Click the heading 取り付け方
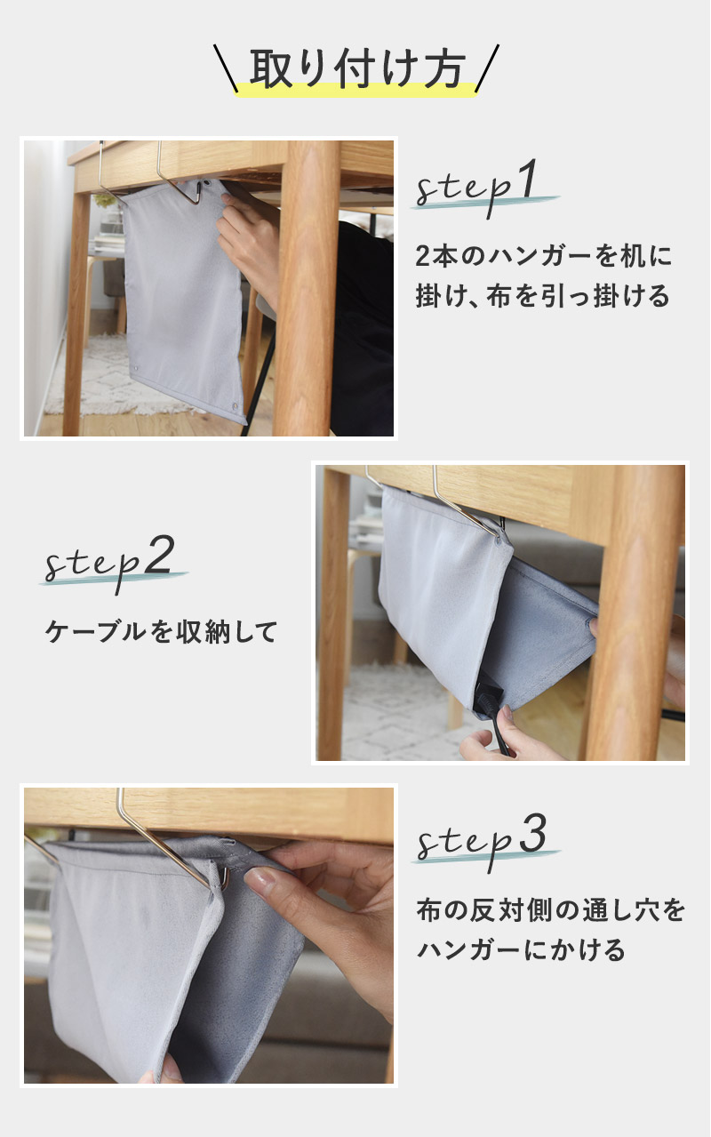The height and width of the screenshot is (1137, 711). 357,68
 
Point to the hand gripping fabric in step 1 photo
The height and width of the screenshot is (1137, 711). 249,244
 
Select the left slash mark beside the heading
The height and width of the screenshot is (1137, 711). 226,68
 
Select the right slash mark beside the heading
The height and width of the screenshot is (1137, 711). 487,68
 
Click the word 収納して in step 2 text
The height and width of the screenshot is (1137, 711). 227,631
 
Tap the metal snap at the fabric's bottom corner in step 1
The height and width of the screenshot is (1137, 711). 235,406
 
